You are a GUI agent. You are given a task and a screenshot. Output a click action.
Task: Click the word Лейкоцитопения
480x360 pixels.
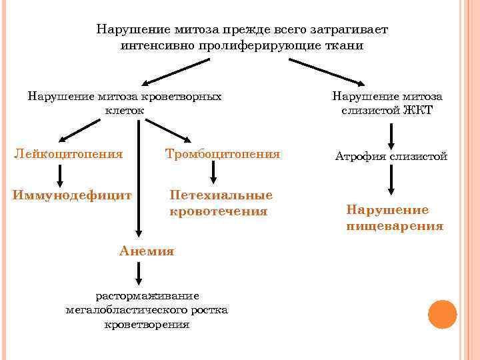coord(69,155)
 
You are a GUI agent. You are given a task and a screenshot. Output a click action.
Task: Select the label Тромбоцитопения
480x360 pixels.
coord(223,155)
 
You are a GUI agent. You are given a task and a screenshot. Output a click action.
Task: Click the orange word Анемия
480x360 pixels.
coord(147,251)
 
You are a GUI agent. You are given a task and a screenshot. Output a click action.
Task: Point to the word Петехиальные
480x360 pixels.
coord(221,195)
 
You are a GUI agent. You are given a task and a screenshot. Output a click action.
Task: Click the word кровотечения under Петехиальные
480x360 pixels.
coord(219,211)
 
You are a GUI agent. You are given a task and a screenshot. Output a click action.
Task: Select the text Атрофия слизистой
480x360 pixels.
coord(391,157)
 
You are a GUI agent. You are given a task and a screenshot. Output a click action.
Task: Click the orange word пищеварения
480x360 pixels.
coord(395,226)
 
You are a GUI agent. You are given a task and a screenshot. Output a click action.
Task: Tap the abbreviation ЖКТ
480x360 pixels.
coord(417,111)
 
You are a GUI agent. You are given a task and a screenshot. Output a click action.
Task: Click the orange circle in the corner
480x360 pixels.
coord(441,314)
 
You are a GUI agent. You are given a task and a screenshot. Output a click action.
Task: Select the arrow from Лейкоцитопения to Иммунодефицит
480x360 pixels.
coord(61,175)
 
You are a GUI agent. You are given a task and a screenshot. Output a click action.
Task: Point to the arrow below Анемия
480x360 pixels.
coord(139,274)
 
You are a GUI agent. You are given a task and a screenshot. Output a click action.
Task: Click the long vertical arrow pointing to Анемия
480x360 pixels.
coord(139,180)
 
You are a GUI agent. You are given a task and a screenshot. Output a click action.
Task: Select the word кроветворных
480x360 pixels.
coord(188,96)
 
